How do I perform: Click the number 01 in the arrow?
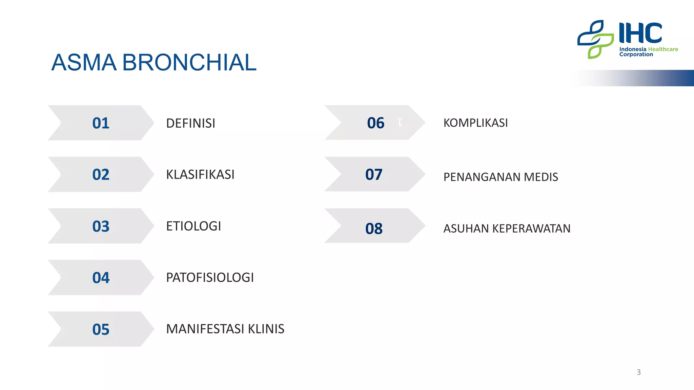[101, 123]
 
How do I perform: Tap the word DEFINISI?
[190, 123]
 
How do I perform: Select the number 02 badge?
[101, 174]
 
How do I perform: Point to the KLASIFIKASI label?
[200, 175]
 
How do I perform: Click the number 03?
[101, 226]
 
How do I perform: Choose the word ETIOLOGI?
[193, 226]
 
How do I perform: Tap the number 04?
[101, 278]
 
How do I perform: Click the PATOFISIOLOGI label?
[210, 278]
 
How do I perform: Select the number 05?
[101, 329]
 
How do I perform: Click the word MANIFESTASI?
[205, 329]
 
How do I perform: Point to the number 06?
[375, 123]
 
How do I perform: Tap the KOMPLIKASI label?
[475, 123]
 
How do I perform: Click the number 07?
[374, 174]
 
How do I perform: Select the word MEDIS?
[541, 177]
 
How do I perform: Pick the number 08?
[374, 229]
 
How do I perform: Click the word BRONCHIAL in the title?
[189, 63]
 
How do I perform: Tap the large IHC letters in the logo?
[640, 33]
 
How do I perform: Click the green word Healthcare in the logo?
[663, 49]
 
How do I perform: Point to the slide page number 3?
[638, 372]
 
